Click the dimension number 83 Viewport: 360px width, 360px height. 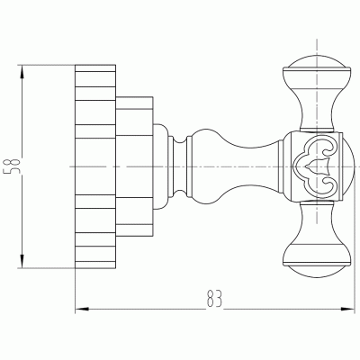[x=214, y=298]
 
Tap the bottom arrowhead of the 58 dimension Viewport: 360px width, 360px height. [x=22, y=260]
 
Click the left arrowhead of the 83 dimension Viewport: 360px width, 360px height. [x=82, y=309]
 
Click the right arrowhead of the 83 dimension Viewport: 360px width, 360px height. [x=347, y=309]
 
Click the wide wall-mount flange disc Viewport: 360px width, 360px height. [x=95, y=166]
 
